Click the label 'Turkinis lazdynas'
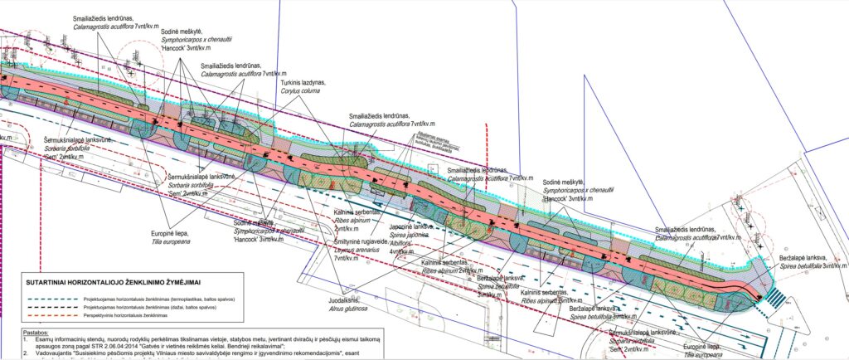(x=303, y=84)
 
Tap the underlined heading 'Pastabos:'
(x=36, y=331)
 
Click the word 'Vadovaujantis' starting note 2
(x=51, y=353)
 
